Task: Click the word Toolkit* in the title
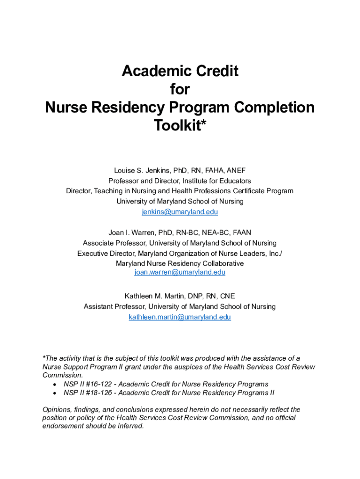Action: [180, 125]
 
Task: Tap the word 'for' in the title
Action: [180, 89]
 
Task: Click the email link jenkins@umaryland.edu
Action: [180, 212]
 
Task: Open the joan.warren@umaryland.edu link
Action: [180, 272]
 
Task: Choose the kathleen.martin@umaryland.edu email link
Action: [180, 317]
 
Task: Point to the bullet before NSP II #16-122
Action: [55, 385]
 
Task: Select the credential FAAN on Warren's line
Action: [242, 232]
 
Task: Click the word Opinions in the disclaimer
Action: [56, 409]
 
